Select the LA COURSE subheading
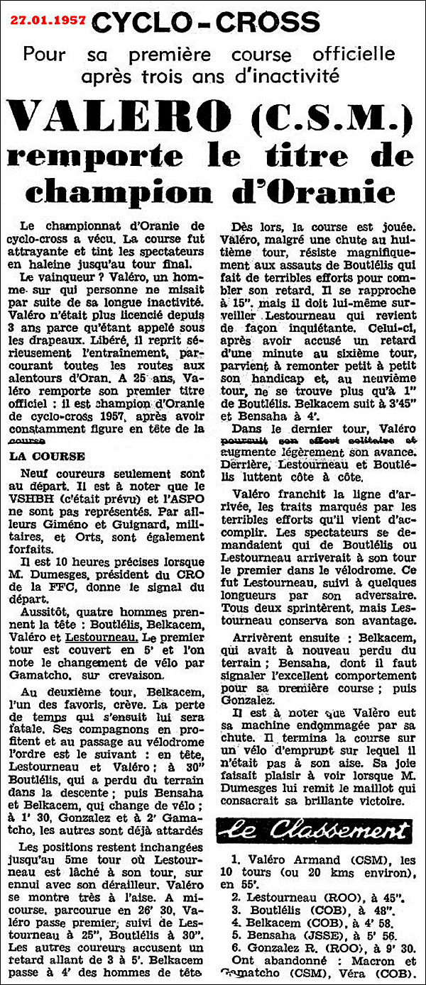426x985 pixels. click(x=48, y=455)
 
